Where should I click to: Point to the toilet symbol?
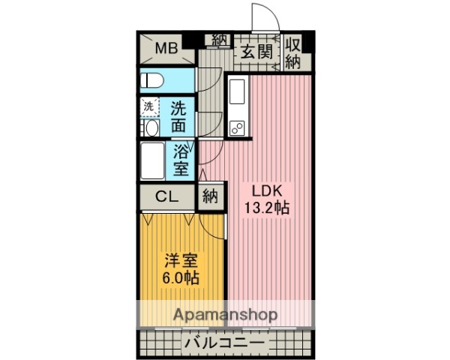tap(153, 79)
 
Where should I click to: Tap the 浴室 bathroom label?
tap(181, 159)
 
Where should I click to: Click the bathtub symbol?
tap(154, 159)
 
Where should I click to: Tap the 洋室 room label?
tap(181, 262)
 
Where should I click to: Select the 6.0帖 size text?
tap(181, 279)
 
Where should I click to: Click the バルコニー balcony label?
tap(223, 343)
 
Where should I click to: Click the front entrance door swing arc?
tap(262, 16)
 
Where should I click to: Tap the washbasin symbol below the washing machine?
tap(149, 128)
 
